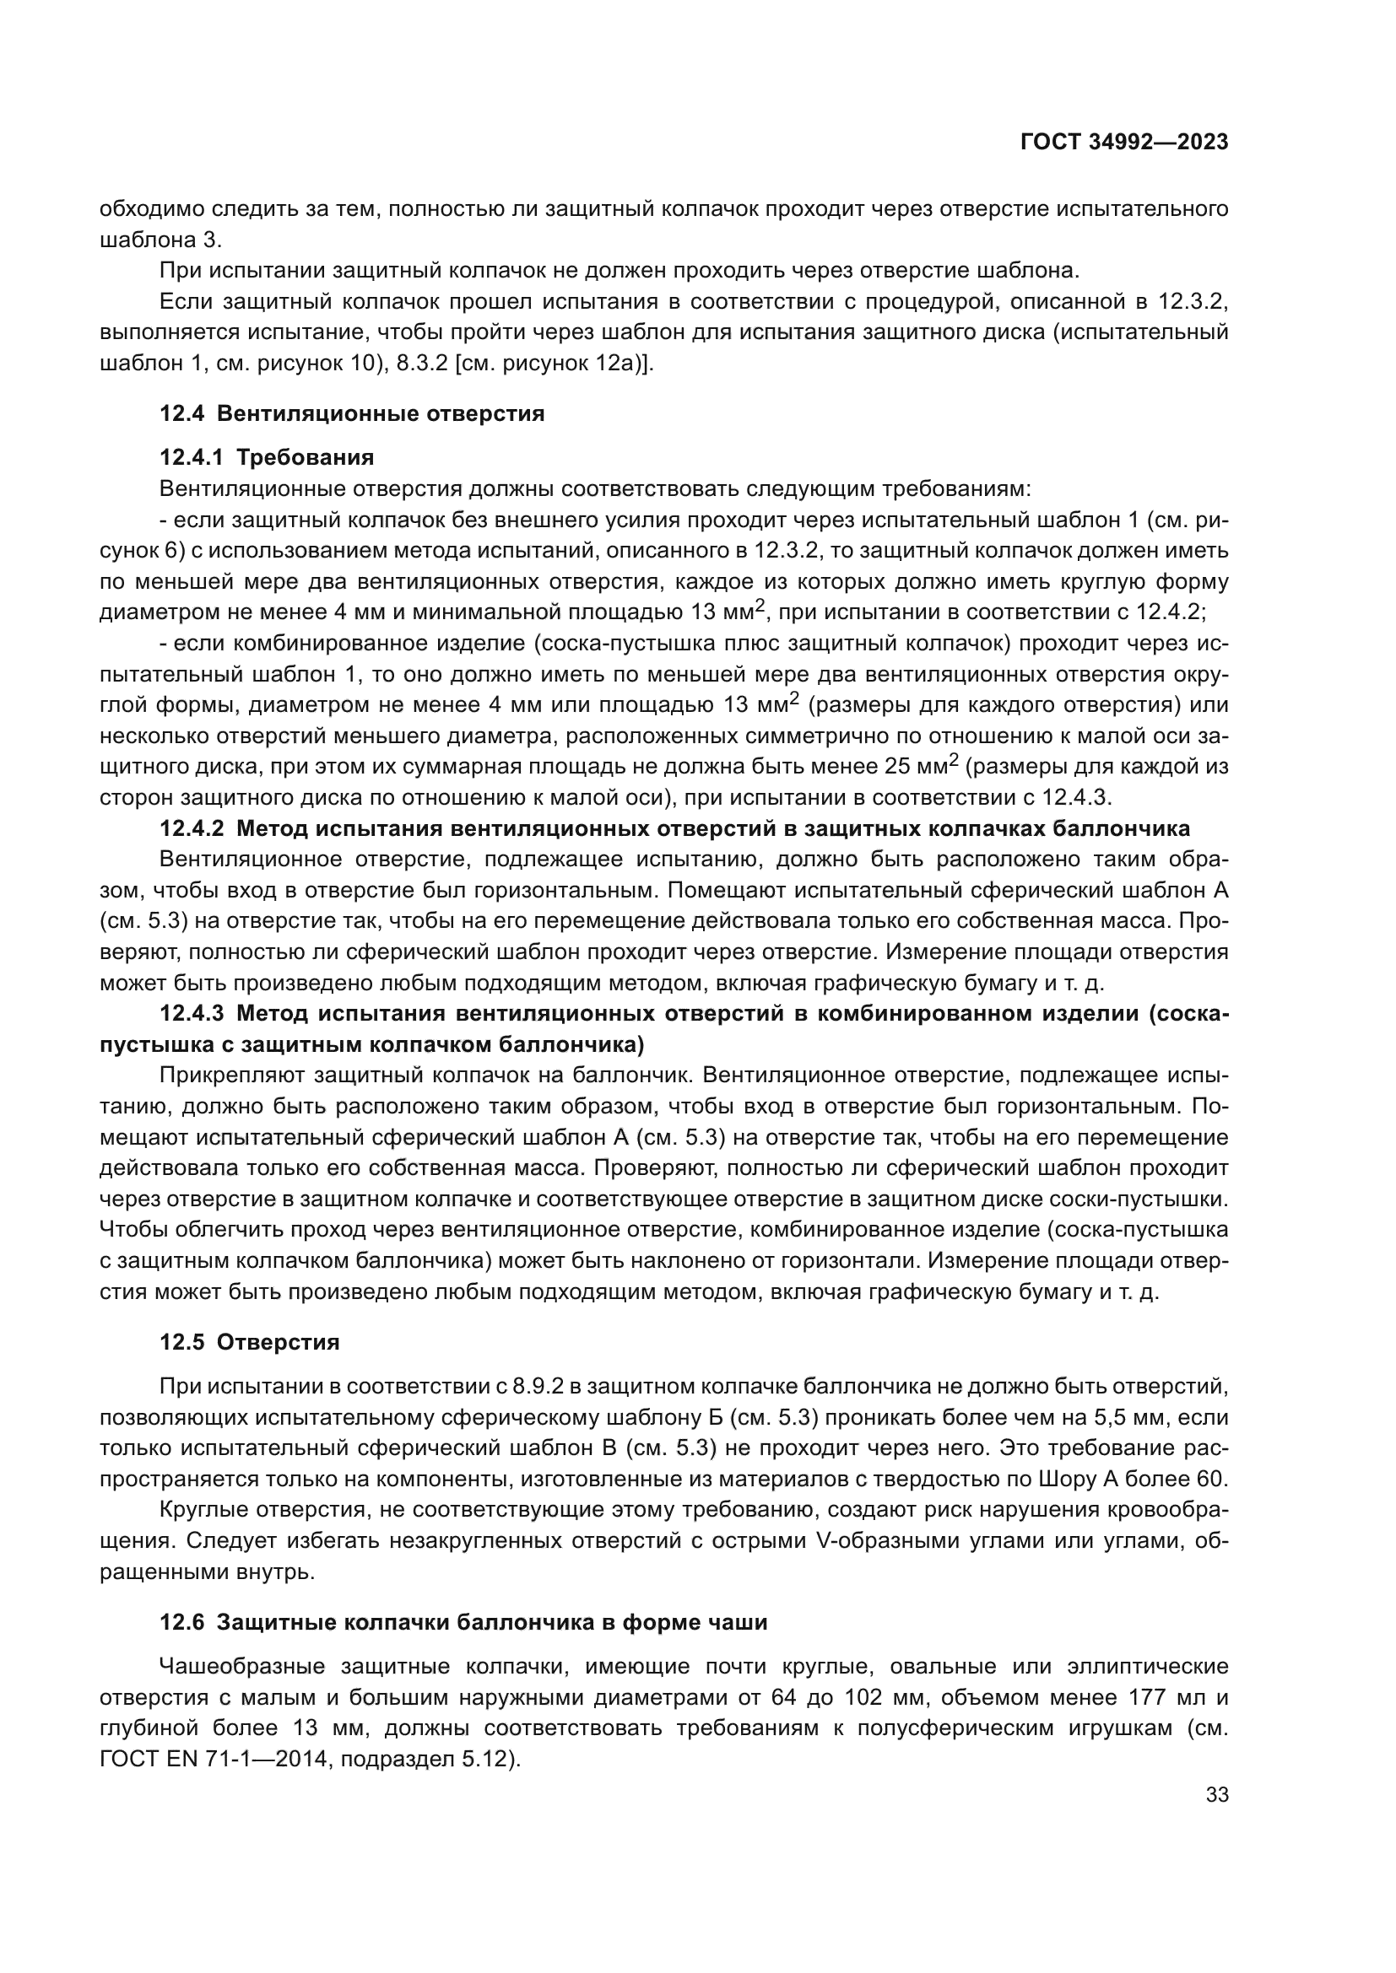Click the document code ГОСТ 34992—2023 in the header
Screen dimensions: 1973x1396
click(x=1123, y=143)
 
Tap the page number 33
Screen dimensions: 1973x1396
click(x=1216, y=1794)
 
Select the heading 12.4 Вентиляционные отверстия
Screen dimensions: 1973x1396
click(x=352, y=413)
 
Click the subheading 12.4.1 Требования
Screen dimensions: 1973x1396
click(x=267, y=457)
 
